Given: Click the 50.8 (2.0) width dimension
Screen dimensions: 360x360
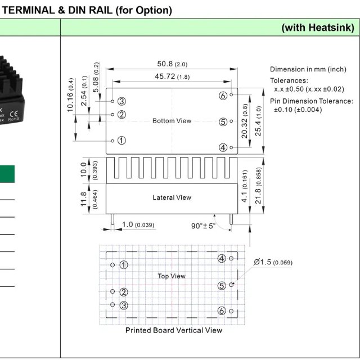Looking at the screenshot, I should (x=172, y=64).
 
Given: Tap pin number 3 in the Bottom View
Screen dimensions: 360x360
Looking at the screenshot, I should (x=121, y=101).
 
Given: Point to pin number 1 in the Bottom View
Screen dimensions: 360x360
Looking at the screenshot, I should (x=121, y=140).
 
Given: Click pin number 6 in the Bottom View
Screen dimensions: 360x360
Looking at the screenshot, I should (x=223, y=96).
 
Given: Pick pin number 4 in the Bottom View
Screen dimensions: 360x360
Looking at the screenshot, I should (x=223, y=147).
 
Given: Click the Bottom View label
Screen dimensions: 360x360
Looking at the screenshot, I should (x=172, y=121).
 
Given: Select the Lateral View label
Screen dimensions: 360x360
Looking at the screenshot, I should (x=172, y=197).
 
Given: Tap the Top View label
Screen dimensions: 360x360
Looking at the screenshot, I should (x=172, y=276).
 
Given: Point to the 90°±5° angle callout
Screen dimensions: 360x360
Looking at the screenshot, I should (x=203, y=226).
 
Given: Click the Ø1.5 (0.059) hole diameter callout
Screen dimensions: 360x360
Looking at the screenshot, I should (x=273, y=262).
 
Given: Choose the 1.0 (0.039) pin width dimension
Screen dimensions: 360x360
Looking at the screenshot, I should (x=138, y=225).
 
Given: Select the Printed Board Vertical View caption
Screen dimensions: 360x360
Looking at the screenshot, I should (x=173, y=330).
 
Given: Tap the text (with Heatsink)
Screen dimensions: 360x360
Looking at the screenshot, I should (x=317, y=28).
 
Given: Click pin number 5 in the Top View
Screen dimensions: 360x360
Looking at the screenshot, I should (x=222, y=285).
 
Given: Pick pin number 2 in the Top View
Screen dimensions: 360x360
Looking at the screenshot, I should (x=124, y=292).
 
